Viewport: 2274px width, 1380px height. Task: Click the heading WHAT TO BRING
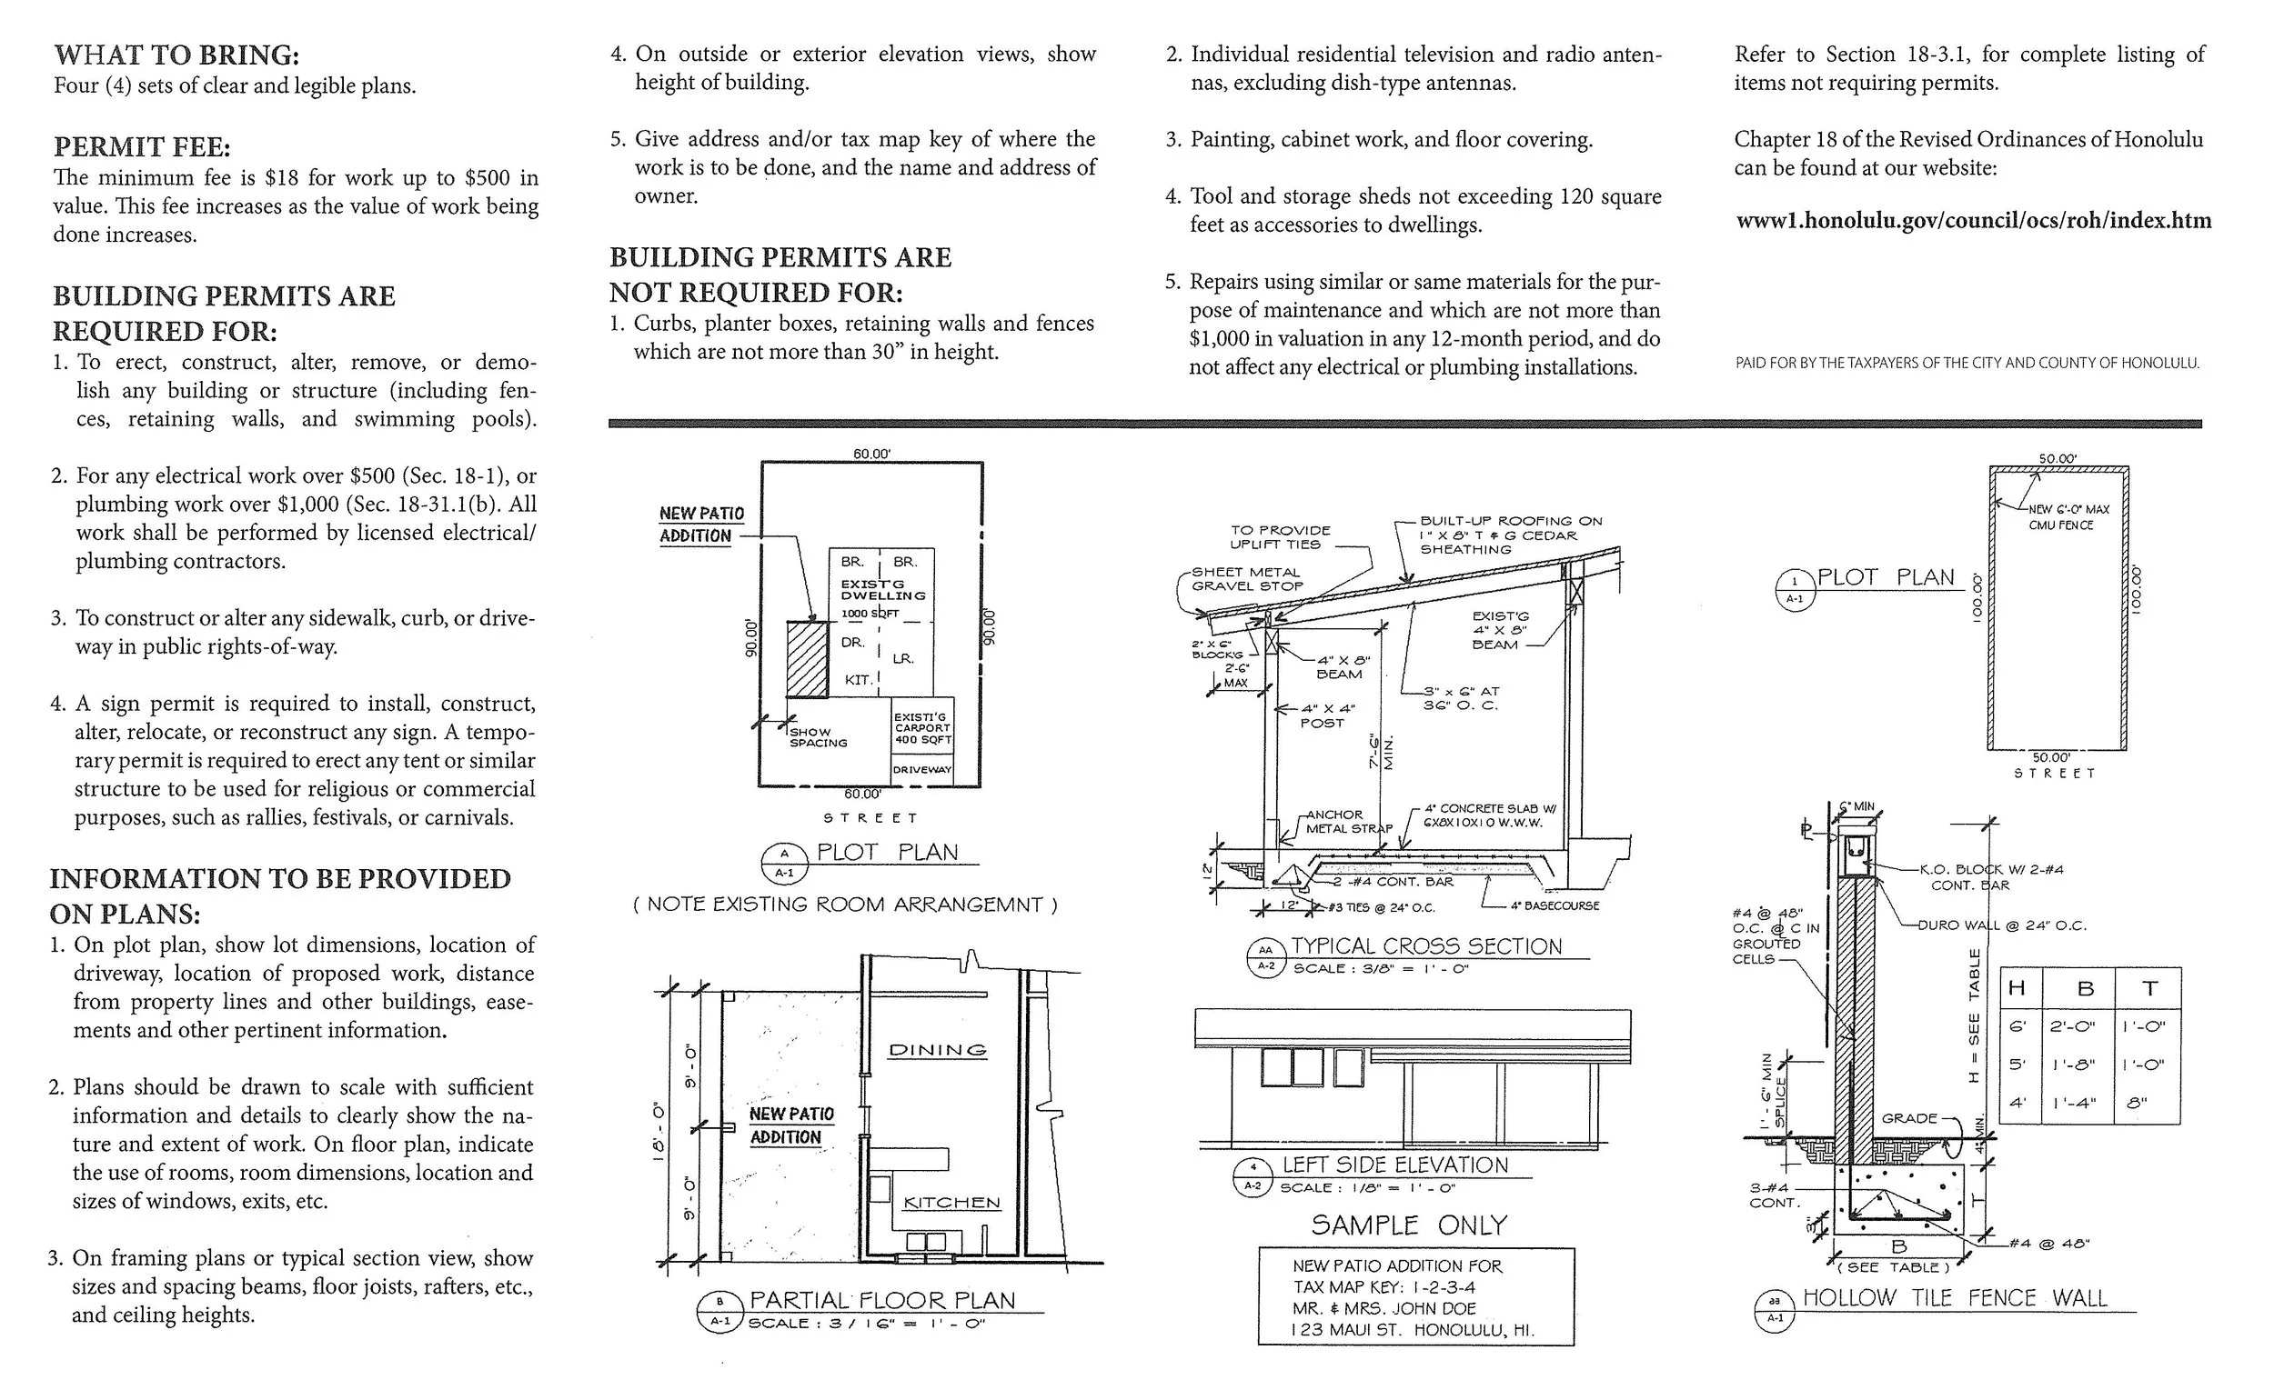coord(176,55)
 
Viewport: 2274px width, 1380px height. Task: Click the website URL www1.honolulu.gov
coord(1973,222)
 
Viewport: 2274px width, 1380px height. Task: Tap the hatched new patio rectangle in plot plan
coord(807,658)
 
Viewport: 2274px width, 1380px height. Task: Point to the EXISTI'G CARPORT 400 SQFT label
coord(922,728)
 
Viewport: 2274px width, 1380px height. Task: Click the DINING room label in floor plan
coord(937,1050)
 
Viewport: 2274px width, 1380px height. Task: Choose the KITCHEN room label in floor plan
coord(951,1203)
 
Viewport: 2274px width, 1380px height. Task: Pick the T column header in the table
coord(2149,989)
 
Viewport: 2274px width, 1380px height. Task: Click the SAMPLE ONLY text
coord(1408,1225)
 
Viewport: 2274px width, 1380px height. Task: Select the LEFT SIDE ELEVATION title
coord(1394,1165)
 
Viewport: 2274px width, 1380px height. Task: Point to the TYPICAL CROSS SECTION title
coord(1426,946)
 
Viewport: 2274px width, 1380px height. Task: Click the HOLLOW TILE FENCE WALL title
coord(1955,1298)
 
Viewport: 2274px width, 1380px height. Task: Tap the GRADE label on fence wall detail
coord(1909,1118)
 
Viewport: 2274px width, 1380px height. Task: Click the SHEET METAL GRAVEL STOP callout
coord(1247,579)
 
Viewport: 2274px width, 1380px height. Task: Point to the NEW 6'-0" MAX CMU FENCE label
coord(2068,517)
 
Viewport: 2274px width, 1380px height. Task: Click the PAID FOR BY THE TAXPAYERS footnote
coord(1967,364)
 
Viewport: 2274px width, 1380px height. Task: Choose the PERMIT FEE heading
coord(141,147)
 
